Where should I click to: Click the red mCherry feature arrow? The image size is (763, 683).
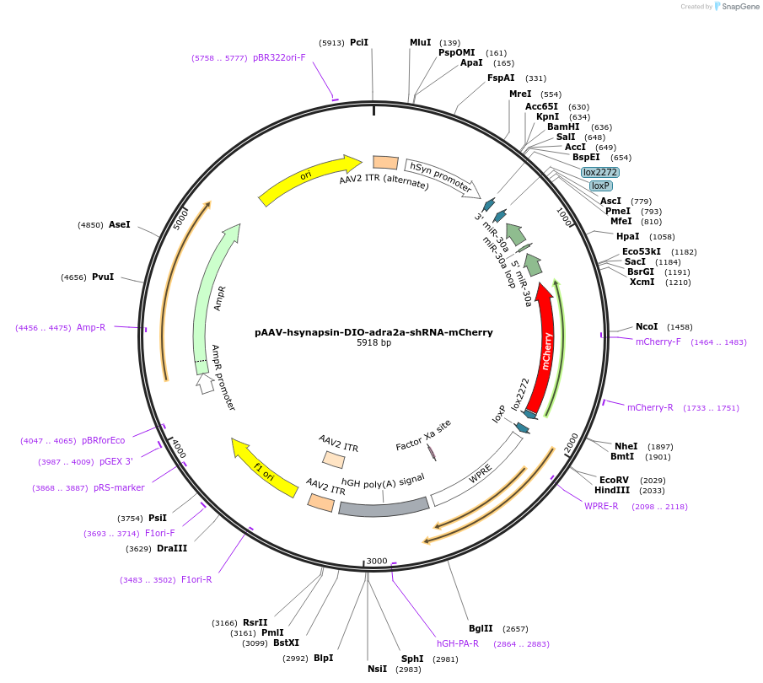click(547, 346)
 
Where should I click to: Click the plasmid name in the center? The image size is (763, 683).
click(373, 332)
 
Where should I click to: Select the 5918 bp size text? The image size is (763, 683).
click(373, 343)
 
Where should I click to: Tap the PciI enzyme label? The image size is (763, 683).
click(359, 42)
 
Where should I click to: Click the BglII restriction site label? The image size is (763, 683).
click(481, 629)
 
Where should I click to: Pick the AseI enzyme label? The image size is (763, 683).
click(120, 224)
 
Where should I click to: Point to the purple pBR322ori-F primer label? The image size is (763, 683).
click(279, 57)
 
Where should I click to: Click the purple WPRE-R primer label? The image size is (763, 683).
click(601, 506)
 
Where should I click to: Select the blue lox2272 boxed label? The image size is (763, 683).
click(600, 172)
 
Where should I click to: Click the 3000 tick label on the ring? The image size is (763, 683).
click(376, 561)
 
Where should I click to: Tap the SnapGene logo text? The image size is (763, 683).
click(738, 7)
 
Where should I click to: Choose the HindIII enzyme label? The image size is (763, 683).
click(610, 490)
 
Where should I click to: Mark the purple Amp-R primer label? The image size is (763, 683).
click(91, 327)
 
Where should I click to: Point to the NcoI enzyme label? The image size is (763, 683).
click(647, 326)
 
